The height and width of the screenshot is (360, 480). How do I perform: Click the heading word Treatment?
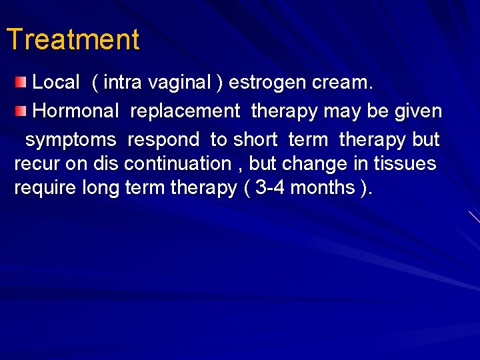pyautogui.click(x=73, y=40)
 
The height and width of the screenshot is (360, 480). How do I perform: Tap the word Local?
pyautogui.click(x=56, y=83)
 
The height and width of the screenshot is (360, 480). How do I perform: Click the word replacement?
pyautogui.click(x=185, y=111)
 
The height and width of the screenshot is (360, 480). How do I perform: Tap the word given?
pyautogui.click(x=417, y=111)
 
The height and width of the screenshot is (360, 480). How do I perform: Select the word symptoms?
pyautogui.click(x=71, y=140)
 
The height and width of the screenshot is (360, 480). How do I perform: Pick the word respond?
pyautogui.click(x=163, y=140)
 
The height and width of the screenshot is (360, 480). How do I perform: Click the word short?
pyautogui.click(x=255, y=140)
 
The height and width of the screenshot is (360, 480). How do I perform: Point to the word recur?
pyautogui.click(x=37, y=164)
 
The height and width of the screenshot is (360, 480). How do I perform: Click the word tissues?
pyautogui.click(x=405, y=164)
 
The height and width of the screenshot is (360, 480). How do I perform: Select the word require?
pyautogui.click(x=45, y=188)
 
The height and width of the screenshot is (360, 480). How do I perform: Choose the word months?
pyautogui.click(x=323, y=188)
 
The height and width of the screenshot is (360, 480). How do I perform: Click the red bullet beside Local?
pyautogui.click(x=21, y=82)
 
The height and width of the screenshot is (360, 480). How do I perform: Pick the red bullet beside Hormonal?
pyautogui.click(x=21, y=110)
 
